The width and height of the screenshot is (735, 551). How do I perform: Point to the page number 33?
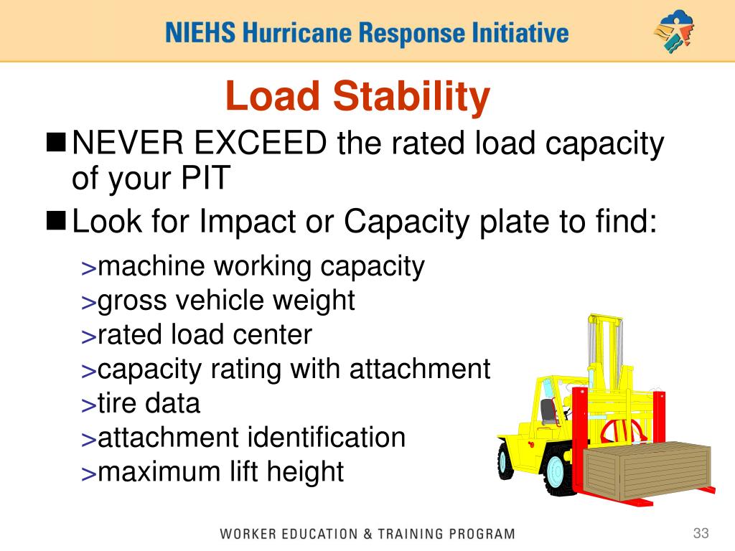pyautogui.click(x=701, y=533)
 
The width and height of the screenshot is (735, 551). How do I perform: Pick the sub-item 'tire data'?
pyautogui.click(x=149, y=403)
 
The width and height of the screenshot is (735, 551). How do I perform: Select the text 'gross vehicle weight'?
pyautogui.click(x=226, y=301)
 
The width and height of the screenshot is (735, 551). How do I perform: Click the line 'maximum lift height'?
pyautogui.click(x=220, y=472)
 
